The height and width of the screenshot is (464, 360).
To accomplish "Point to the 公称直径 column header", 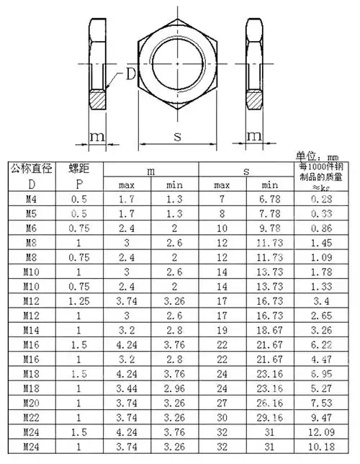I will [30, 169].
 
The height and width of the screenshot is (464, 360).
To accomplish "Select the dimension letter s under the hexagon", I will [177, 135].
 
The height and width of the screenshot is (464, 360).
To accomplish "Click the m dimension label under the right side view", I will [253, 136].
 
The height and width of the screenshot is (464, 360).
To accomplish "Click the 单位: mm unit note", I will [318, 156].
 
